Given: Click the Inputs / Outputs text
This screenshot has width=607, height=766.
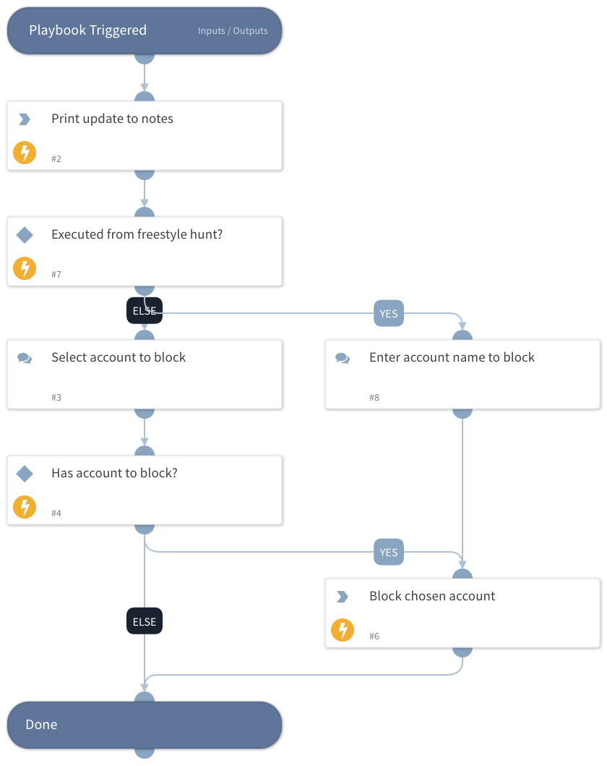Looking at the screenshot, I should [233, 31].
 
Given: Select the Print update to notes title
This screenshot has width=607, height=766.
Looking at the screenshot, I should [112, 119].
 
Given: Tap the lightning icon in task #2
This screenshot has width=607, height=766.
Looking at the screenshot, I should [25, 153].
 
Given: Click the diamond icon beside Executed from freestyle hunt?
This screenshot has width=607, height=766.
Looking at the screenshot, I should [25, 235].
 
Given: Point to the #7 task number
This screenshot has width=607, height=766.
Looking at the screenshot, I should [56, 275].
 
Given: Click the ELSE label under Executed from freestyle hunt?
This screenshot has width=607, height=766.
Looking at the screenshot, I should [145, 311].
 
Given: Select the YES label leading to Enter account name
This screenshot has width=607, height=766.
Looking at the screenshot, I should [389, 313].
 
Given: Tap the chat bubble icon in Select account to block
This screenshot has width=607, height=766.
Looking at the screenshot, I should [25, 358].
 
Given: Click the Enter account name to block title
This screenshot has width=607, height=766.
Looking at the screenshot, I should [452, 357].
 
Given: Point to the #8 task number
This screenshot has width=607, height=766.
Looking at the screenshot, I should [374, 398].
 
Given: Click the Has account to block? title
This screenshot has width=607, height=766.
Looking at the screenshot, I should [114, 473].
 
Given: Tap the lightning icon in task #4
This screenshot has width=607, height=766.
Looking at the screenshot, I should [25, 507].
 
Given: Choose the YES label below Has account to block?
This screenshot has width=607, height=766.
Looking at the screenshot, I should [389, 552].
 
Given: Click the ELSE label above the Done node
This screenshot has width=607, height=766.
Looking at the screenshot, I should [145, 621].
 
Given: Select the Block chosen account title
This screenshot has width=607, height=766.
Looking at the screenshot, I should [432, 596].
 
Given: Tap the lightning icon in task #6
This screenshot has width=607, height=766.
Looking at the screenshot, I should [343, 630].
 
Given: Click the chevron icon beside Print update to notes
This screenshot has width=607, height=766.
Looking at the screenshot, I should [25, 119].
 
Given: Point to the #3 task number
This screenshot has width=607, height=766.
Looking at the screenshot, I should [56, 398].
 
